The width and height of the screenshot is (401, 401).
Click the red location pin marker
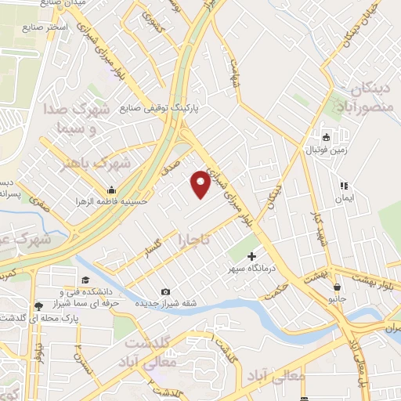coord(200,184)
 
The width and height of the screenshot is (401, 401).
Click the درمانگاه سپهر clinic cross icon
coord(252,256)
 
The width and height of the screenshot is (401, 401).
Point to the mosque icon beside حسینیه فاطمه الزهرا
coord(112,190)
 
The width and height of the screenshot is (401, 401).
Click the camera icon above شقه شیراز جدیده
coord(165,292)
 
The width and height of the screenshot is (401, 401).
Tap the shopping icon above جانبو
coord(337,287)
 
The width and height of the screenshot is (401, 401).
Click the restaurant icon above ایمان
coord(343,186)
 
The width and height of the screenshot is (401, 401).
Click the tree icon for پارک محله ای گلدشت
coord(38,306)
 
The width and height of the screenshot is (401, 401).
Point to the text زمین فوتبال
coord(323,148)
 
